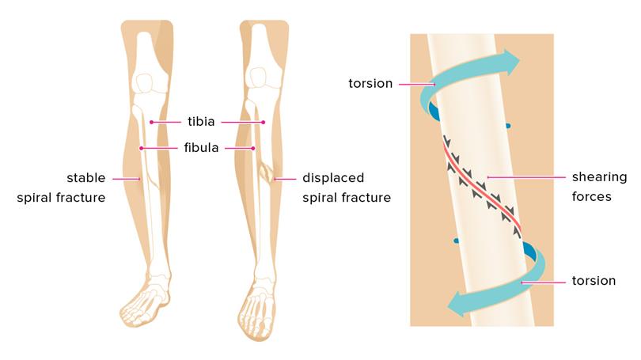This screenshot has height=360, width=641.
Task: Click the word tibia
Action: [x=201, y=121]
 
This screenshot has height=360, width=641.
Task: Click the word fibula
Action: [x=201, y=147]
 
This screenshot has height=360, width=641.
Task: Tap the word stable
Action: [x=85, y=178]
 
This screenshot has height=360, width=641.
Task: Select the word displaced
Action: [x=333, y=178]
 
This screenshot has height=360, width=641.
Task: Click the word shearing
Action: [x=599, y=177]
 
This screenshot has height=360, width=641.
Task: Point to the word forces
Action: [x=591, y=196]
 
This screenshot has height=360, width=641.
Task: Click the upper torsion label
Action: [x=370, y=83]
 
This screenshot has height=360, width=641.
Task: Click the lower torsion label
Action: [x=594, y=281]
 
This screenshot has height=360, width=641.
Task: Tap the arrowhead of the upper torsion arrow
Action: [x=511, y=63]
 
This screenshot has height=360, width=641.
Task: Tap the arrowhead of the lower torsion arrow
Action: [x=455, y=305]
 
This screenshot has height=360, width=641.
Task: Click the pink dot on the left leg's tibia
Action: [x=151, y=122]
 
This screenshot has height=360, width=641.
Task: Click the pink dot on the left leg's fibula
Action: [x=141, y=148]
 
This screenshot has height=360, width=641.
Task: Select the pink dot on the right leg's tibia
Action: [x=264, y=122]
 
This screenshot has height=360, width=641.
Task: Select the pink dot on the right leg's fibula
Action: [x=253, y=148]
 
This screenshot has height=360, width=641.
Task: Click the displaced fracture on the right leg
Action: [x=267, y=172]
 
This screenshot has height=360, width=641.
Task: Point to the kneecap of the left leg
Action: [x=144, y=83]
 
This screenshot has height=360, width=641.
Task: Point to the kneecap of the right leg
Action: [x=258, y=78]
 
